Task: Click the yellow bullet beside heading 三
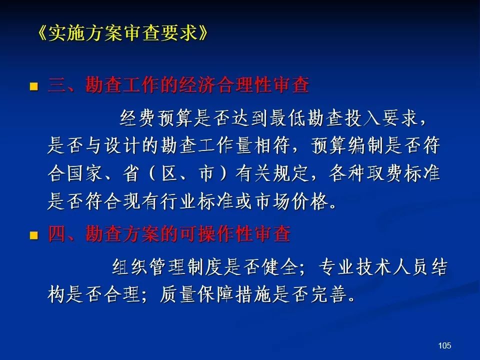click(x=33, y=86)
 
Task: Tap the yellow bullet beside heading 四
click(x=33, y=235)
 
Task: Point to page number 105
click(x=444, y=345)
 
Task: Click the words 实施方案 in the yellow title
click(x=85, y=33)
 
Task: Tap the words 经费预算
click(x=156, y=118)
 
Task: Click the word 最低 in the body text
click(x=288, y=118)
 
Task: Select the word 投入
click(x=363, y=118)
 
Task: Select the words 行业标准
click(x=197, y=201)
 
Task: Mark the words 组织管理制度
click(x=167, y=267)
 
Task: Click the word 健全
click(x=280, y=267)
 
